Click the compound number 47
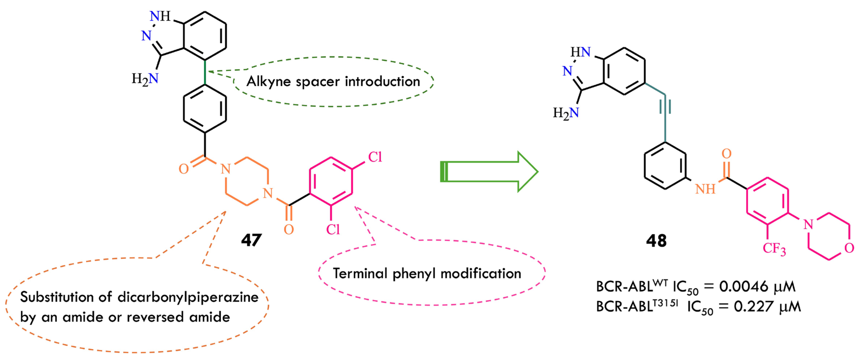[x=252, y=240]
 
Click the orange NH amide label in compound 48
[x=705, y=189]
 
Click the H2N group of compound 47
[x=145, y=79]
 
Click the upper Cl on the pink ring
[x=375, y=157]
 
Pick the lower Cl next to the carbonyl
[x=333, y=229]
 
